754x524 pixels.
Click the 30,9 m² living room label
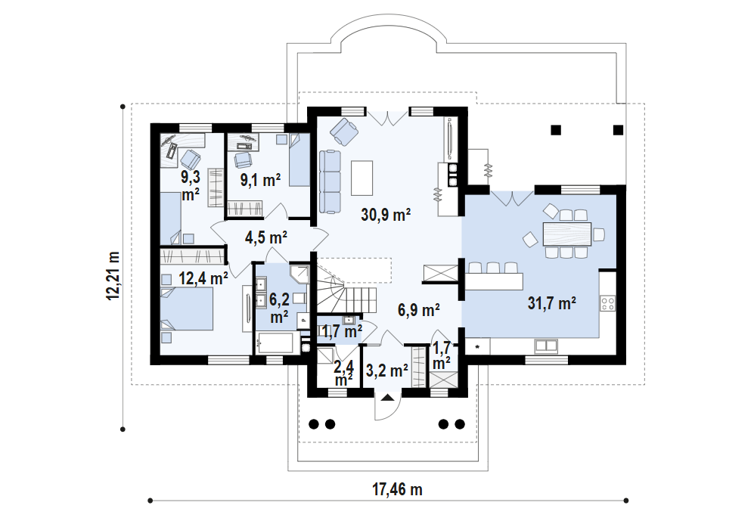[386, 215]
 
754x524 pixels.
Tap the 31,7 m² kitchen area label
[552, 304]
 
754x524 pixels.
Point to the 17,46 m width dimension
[397, 489]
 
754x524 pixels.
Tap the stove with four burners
[608, 304]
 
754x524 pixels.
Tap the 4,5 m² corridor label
[266, 237]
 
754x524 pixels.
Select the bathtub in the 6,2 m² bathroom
[278, 346]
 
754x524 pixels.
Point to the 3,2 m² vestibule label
[387, 371]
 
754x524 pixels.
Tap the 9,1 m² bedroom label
[260, 179]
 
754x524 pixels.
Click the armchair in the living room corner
[345, 132]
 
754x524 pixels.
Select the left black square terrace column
[556, 129]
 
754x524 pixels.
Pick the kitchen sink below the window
[546, 346]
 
